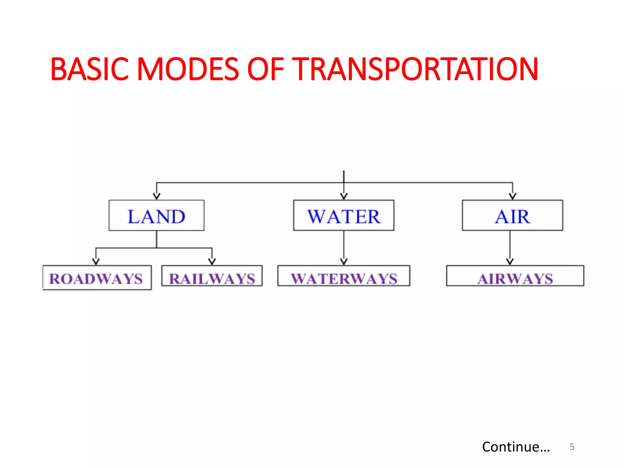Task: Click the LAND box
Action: coord(156,215)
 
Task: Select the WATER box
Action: coord(343,215)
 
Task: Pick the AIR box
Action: coord(512,215)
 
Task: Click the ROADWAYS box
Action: coord(97,278)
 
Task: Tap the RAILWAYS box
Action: coord(212,276)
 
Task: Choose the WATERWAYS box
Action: coord(343,276)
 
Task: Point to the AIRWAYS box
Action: coord(515,276)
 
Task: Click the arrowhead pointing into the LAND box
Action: coord(157,196)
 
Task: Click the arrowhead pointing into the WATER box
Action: coord(344,196)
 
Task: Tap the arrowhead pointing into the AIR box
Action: coord(512,196)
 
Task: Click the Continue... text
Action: coord(516,447)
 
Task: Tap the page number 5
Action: coord(572,447)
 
